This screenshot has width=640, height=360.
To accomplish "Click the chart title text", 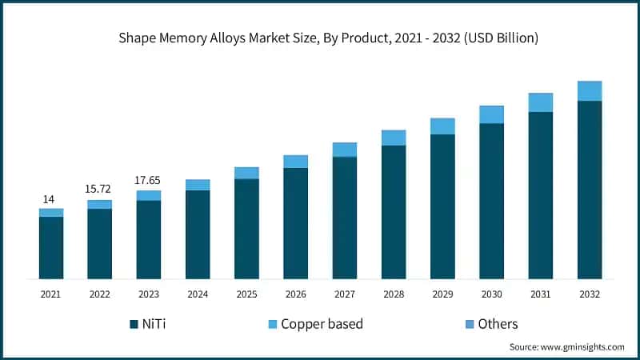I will pyautogui.click(x=320, y=38).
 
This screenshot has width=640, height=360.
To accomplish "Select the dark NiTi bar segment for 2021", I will pyautogui.click(x=51, y=247).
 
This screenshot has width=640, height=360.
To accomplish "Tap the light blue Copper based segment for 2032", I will pyautogui.click(x=590, y=91).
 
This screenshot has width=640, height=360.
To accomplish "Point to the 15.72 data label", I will pyautogui.click(x=99, y=190).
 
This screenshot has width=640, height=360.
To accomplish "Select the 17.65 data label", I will pyautogui.click(x=148, y=180).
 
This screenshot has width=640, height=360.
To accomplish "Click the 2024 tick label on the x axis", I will pyautogui.click(x=198, y=294).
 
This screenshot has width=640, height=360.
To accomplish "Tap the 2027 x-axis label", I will pyautogui.click(x=345, y=294).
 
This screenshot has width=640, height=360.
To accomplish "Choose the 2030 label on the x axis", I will pyautogui.click(x=491, y=294).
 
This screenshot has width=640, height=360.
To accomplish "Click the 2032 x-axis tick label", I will pyautogui.click(x=590, y=294).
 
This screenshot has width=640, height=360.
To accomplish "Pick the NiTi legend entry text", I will pyautogui.click(x=160, y=324).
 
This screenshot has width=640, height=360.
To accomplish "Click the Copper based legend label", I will pyautogui.click(x=322, y=324).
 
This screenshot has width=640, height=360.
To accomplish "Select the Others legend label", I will pyautogui.click(x=498, y=324).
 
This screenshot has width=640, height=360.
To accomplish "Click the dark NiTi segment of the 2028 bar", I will pyautogui.click(x=394, y=212).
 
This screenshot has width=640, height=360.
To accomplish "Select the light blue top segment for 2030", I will pyautogui.click(x=491, y=114).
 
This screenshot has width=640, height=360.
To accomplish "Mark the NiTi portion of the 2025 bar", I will pyautogui.click(x=246, y=229).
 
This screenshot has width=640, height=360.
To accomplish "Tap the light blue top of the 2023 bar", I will pyautogui.click(x=148, y=195).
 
